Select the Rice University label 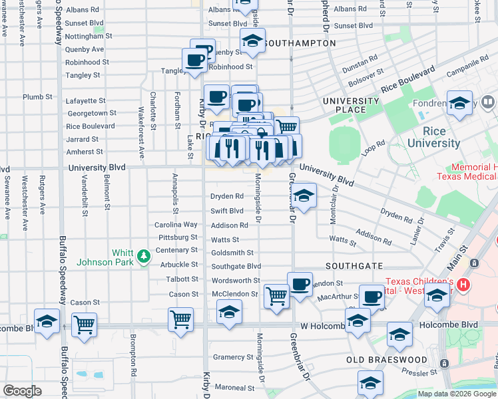pos(433,137)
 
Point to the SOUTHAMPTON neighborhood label pos(300,43)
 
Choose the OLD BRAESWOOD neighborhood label pos(386,360)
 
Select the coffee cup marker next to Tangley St pos(195,60)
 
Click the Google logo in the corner pos(22,391)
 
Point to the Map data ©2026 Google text pos(457,394)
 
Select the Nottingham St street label pos(90,36)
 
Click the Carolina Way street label pos(176,225)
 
